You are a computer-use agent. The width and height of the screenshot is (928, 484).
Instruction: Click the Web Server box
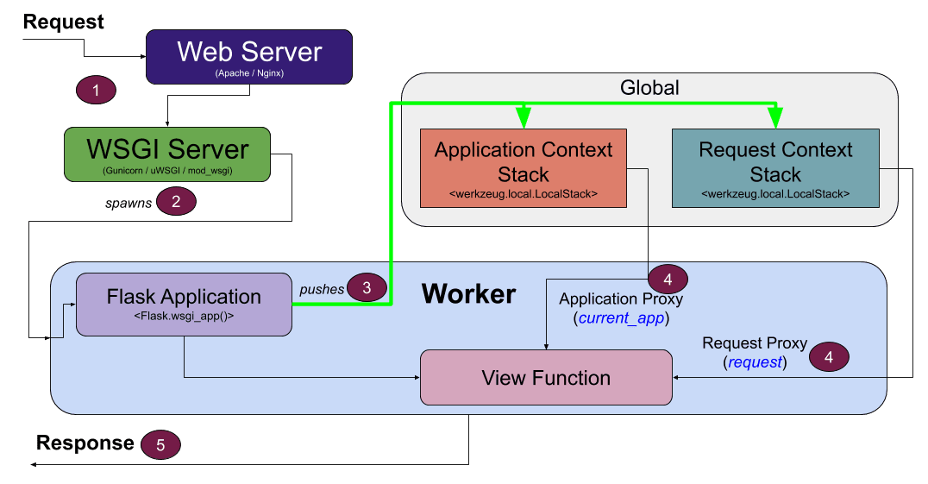coord(249,57)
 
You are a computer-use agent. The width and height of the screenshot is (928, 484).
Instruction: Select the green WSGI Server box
coord(167,154)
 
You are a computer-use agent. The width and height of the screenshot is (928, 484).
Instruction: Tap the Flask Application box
coord(184,304)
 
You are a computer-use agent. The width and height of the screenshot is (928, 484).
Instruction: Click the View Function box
coord(546,377)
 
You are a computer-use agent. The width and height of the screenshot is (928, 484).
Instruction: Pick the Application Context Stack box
coord(524,168)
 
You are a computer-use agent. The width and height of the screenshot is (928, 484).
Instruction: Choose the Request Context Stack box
coord(775,168)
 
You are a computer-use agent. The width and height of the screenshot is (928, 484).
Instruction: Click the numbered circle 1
coord(97,90)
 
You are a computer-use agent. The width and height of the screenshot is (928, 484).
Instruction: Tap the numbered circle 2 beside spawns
coord(177,202)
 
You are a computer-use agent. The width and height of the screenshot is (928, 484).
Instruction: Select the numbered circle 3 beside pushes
coord(367,288)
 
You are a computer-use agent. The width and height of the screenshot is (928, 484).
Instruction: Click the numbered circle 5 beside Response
coord(160,444)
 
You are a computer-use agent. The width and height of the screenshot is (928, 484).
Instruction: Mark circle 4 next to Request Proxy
coord(829,355)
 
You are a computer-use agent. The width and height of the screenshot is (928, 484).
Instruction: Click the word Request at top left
coord(64,22)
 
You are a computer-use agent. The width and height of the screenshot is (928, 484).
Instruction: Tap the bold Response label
coord(85,443)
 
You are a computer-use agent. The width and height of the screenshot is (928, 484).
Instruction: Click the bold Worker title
coord(468,293)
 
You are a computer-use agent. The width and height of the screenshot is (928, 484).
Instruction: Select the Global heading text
coord(649,88)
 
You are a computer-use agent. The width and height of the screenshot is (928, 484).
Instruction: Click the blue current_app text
coord(622,317)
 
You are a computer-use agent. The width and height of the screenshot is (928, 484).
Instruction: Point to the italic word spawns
coord(129,204)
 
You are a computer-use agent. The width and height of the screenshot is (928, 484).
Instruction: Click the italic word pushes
coord(322,290)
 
